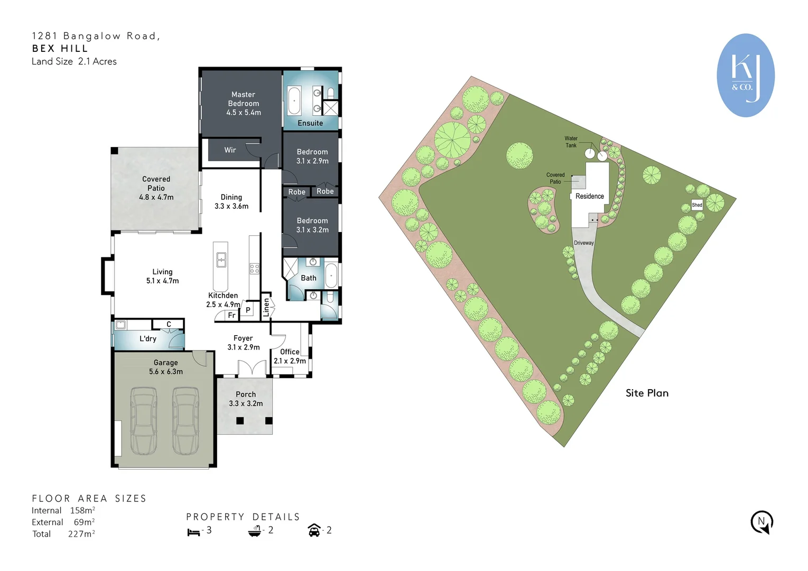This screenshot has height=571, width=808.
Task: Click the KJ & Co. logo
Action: pos(745,75)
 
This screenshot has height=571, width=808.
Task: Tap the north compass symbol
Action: pos(761,522)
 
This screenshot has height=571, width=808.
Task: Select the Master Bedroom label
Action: pos(243,103)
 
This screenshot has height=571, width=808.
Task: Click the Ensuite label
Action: pos(310,123)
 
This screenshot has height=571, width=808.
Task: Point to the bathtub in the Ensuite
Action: pos(294,101)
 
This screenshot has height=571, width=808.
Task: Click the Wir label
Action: pos(230,150)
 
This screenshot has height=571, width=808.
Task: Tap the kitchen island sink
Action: pos(221,260)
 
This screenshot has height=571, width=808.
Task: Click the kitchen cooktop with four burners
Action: pos(254,268)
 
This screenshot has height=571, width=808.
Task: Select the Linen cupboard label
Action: pos(266,307)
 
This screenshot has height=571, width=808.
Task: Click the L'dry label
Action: pos(148,339)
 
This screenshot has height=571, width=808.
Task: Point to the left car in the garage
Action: pos(143,421)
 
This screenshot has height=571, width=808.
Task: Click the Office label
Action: pos(290,352)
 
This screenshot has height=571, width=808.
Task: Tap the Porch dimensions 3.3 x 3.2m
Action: pos(246,403)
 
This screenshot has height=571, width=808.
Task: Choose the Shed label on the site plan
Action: pos(697,205)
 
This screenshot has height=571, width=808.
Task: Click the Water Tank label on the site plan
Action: pos(571,142)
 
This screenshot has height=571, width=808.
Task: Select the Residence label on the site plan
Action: pos(589,196)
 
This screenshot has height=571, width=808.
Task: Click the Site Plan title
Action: pos(647,393)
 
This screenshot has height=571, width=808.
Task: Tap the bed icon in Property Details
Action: pos(193,532)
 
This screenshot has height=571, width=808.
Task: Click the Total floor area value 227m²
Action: pos(81,534)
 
